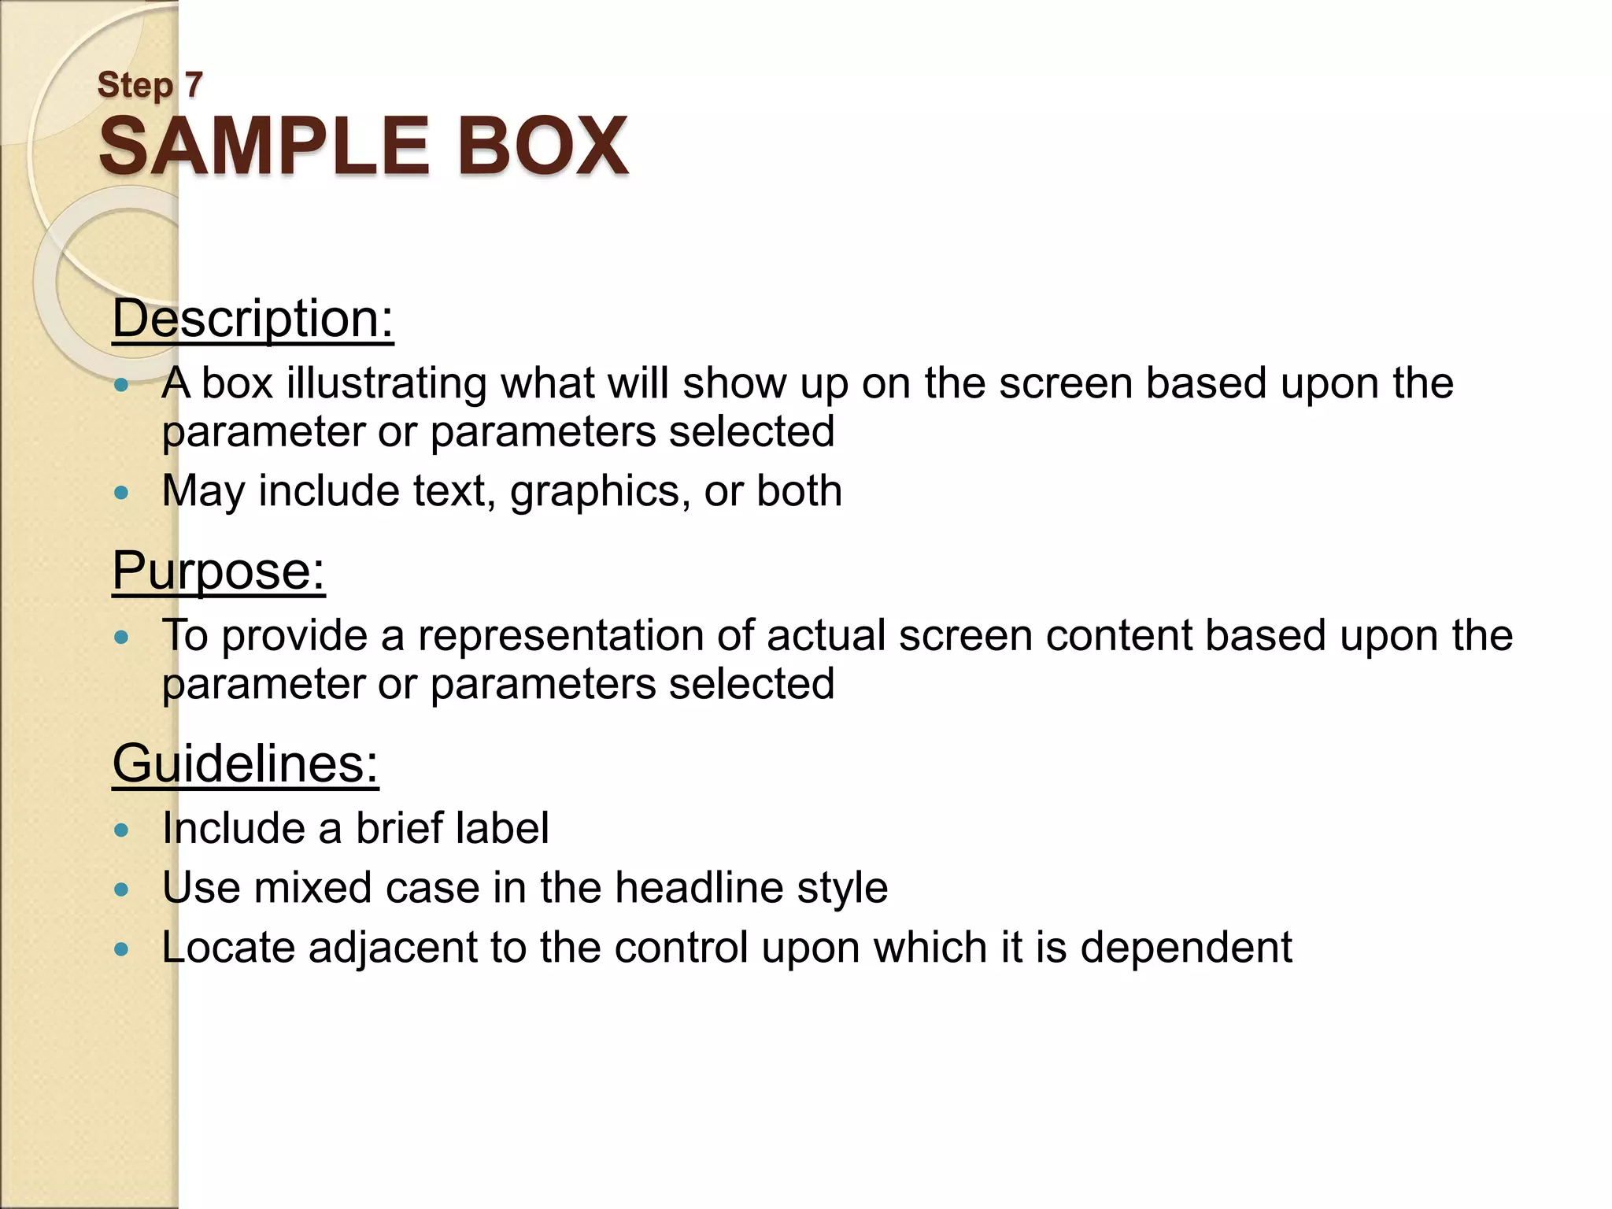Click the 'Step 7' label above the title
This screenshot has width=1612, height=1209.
(150, 84)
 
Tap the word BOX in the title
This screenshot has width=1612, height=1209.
(542, 146)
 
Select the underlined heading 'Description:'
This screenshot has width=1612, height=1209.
(253, 319)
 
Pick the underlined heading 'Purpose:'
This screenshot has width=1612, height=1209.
(218, 571)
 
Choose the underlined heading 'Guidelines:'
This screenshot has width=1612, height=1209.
(245, 763)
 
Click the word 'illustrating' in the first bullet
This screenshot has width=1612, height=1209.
(386, 383)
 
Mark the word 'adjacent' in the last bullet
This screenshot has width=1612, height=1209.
(393, 948)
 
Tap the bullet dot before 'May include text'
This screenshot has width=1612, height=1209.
(120, 494)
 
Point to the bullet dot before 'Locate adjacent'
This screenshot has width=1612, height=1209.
(120, 950)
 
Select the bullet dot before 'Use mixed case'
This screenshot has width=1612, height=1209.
(120, 890)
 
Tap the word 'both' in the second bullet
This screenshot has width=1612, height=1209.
(799, 491)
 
